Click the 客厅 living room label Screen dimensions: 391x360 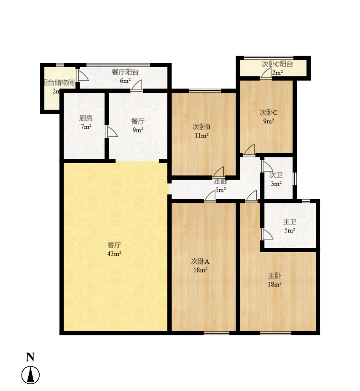tap(115, 245)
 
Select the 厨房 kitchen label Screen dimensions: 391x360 tap(86, 119)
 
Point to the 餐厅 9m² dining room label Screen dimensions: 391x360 tap(138, 121)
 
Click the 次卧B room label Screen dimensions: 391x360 tap(201, 127)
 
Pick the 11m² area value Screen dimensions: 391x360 tap(201, 135)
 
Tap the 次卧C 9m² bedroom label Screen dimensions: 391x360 tap(268, 113)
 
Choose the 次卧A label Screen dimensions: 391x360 tap(200, 262)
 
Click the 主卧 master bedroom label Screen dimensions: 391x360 tap(274, 276)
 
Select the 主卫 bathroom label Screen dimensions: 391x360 tap(289, 222)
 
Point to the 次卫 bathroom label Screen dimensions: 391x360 tap(276, 175)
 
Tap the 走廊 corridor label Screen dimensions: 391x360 tap(220, 182)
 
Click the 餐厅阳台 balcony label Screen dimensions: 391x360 tap(125, 72)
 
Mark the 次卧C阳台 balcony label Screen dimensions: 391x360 tap(277, 64)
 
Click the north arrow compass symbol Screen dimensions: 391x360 tap(31, 375)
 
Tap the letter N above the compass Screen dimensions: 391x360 tap(30, 357)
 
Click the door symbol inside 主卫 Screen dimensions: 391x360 tap(266, 234)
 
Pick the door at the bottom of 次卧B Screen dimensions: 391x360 tap(219, 172)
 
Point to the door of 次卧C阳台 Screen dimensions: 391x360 tap(266, 74)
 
